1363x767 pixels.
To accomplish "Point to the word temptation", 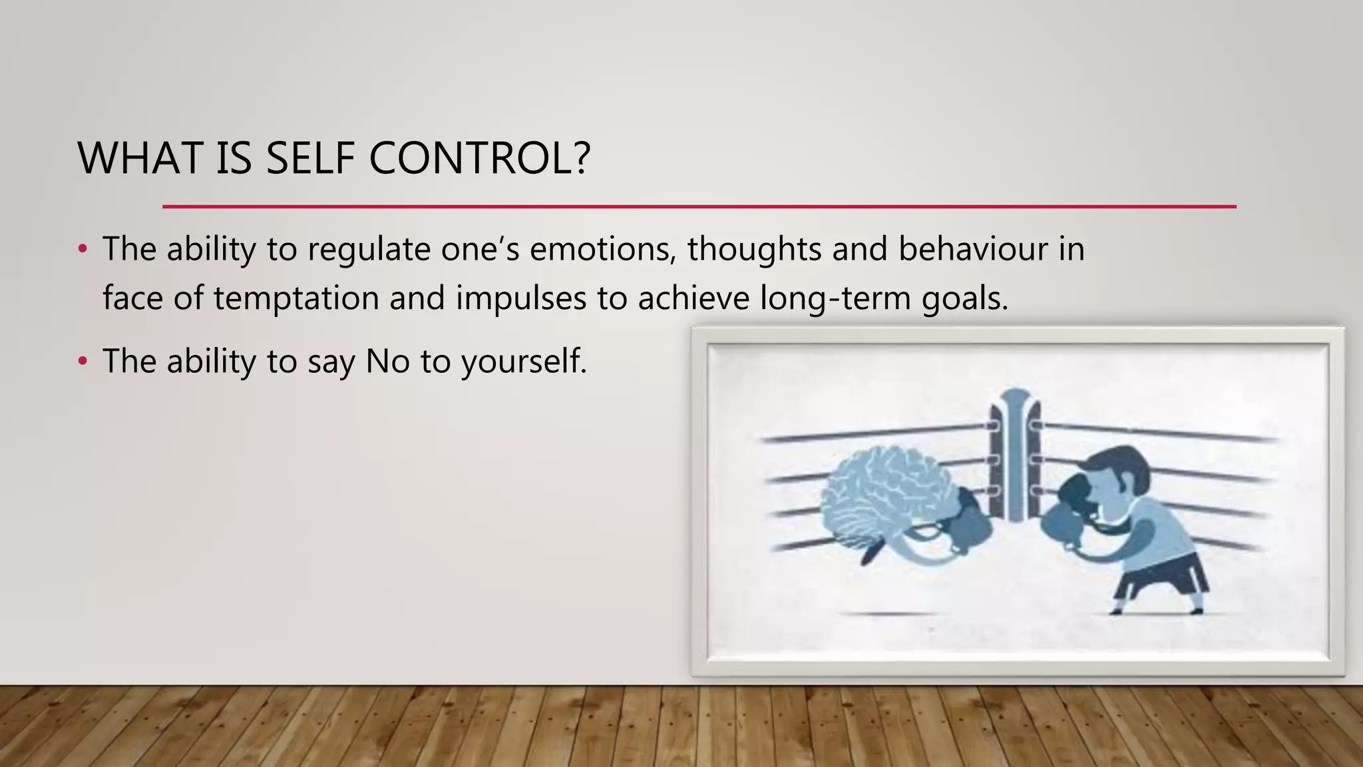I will (296, 298).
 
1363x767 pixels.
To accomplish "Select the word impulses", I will (520, 298).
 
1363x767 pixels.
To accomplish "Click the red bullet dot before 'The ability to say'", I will (83, 362).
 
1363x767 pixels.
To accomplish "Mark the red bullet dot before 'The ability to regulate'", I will (83, 250).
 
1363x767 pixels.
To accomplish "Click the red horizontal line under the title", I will (699, 206).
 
